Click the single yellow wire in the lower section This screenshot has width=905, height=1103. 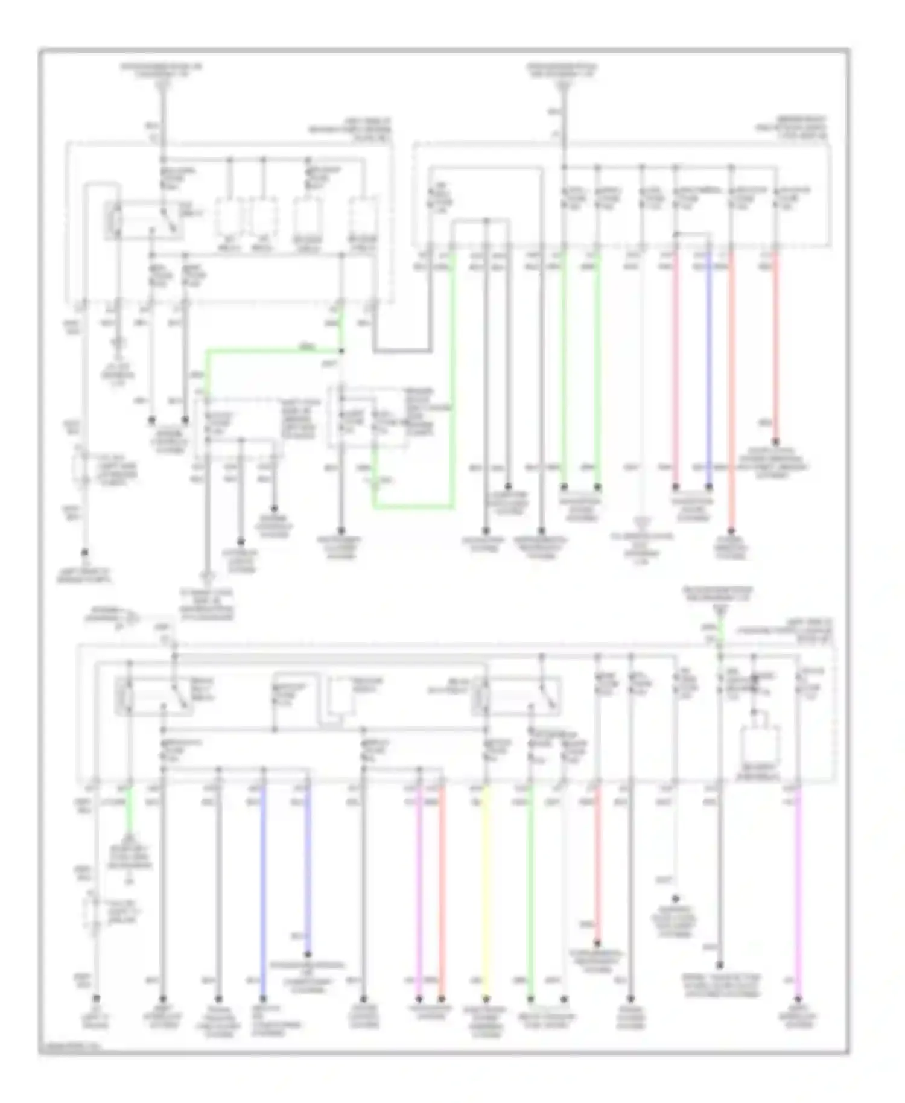point(486,893)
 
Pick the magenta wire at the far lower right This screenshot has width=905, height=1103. point(798,893)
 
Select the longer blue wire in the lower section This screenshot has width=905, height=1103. point(262,893)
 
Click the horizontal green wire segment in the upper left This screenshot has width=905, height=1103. point(271,351)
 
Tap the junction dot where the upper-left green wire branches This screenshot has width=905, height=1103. point(341,351)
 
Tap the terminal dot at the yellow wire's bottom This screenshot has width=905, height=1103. point(486,999)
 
